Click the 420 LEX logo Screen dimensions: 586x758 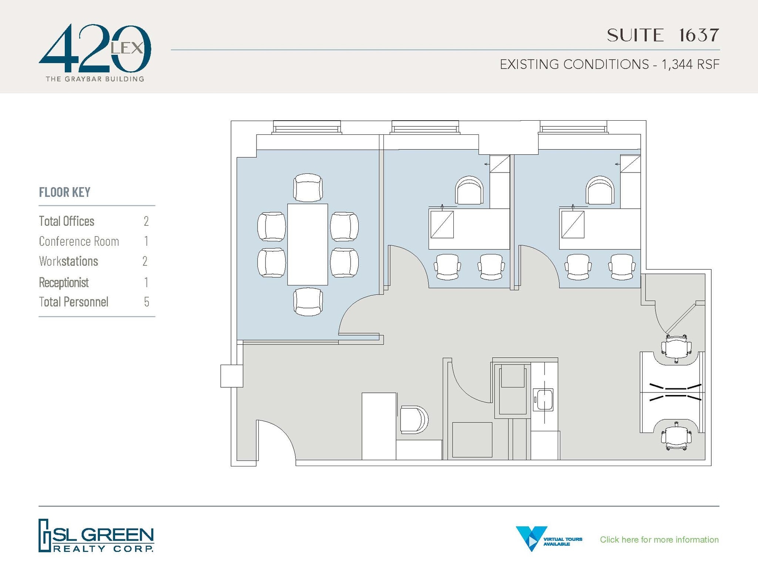pos(95,52)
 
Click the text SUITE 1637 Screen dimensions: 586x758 pos(663,36)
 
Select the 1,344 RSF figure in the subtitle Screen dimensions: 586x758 pos(690,64)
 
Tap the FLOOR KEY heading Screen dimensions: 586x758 pos(65,192)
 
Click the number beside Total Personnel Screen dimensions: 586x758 pos(147,302)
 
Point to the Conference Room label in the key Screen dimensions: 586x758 pos(79,241)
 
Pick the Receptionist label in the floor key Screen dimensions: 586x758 pos(64,282)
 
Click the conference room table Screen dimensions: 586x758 pos(307,244)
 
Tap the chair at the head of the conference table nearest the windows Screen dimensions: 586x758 pos(308,188)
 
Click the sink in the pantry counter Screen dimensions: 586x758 pos(543,400)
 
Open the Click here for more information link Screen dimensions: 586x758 pos(659,539)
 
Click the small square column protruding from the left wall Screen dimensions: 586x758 pos(232,376)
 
